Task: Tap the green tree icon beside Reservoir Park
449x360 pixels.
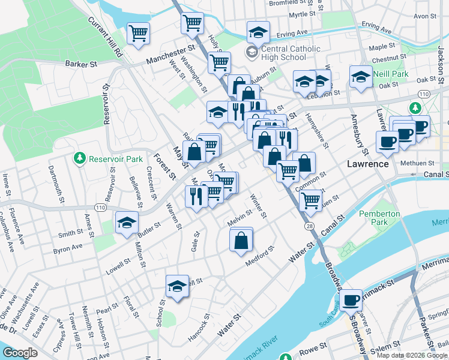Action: tap(79, 158)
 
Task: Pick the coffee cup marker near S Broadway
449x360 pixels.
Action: tap(351, 299)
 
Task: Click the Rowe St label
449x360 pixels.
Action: tap(313, 346)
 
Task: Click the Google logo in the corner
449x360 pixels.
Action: tap(20, 353)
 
